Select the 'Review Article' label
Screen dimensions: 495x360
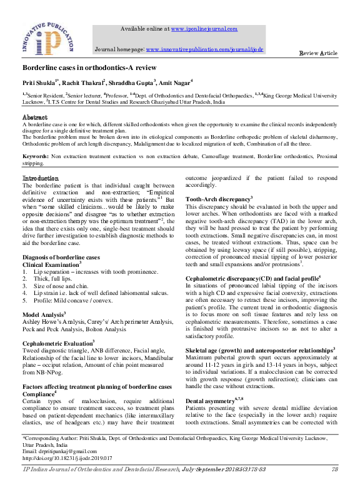(x=319, y=54)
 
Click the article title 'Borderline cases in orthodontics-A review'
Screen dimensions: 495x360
(x=89, y=67)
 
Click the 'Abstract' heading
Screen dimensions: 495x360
(x=35, y=117)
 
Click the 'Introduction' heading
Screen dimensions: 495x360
(x=41, y=179)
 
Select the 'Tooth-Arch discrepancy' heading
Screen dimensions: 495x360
(x=218, y=198)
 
